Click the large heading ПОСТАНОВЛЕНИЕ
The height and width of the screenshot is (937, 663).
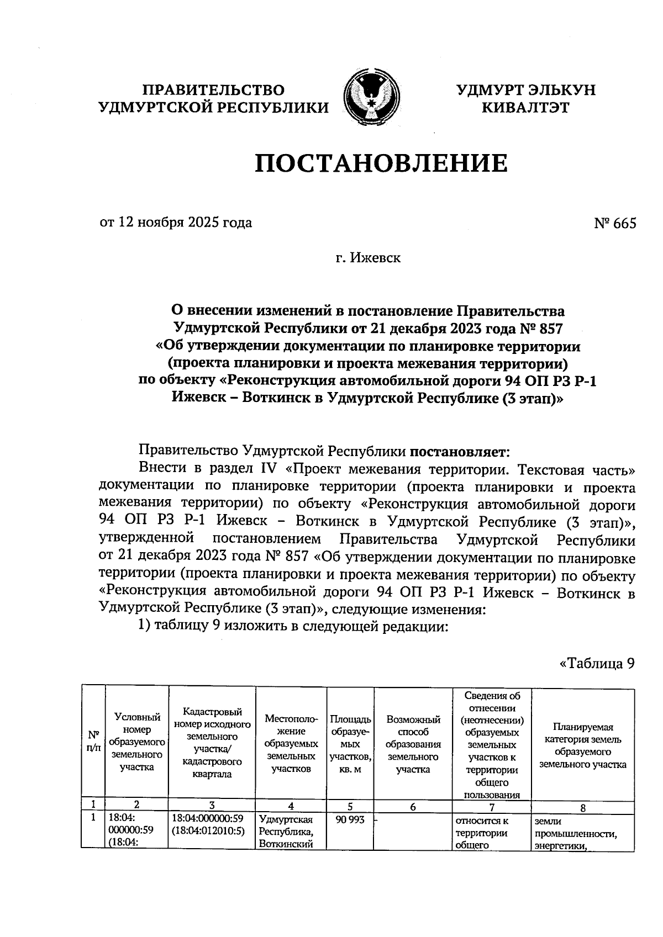(x=381, y=163)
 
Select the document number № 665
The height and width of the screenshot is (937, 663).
(x=614, y=223)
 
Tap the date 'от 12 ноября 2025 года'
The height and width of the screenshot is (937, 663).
(x=175, y=223)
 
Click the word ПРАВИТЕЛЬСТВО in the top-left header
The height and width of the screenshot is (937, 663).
(x=213, y=89)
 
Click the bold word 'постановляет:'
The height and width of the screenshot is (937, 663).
(x=456, y=452)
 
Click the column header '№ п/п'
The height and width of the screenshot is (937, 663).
(x=93, y=741)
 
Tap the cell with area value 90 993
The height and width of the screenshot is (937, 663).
(x=350, y=820)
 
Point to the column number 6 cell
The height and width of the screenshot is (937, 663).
(x=413, y=807)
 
